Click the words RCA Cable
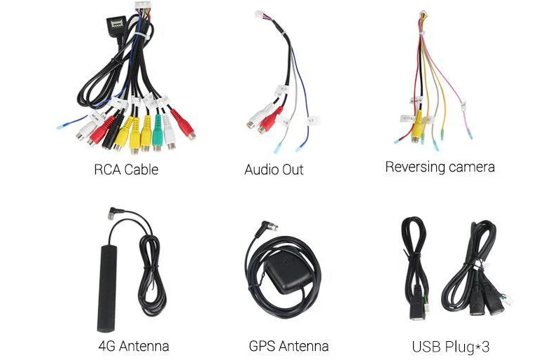pos(126,170)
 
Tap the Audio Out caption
pos(274,170)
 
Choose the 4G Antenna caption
pos(134,346)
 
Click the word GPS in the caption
pos(263,346)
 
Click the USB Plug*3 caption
pos(451,346)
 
